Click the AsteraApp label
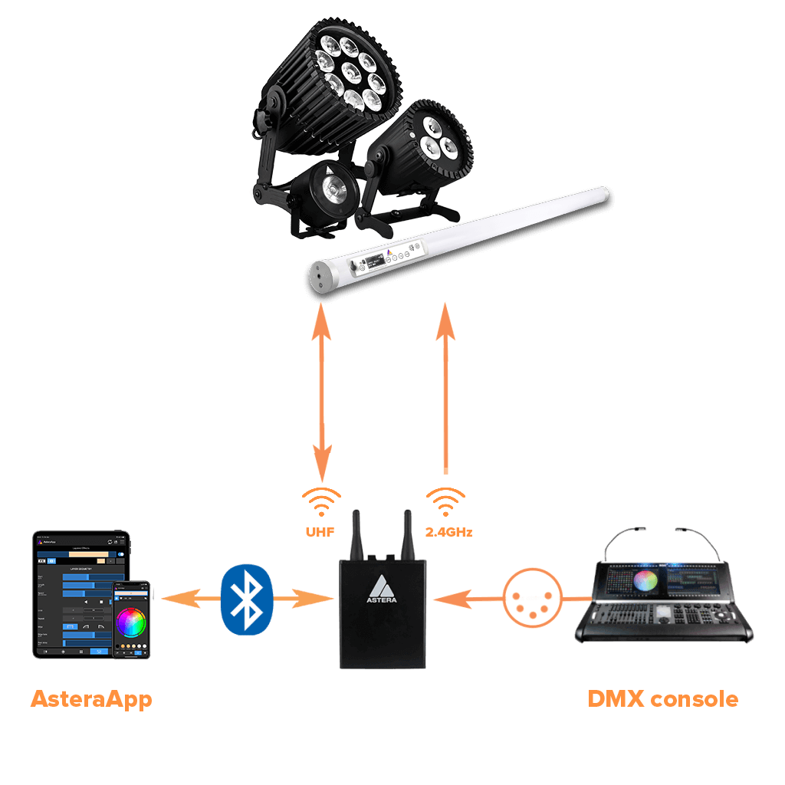[91, 699]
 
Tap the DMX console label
[662, 699]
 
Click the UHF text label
[320, 530]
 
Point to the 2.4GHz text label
[447, 530]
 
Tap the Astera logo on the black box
[379, 591]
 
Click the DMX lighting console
[664, 598]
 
